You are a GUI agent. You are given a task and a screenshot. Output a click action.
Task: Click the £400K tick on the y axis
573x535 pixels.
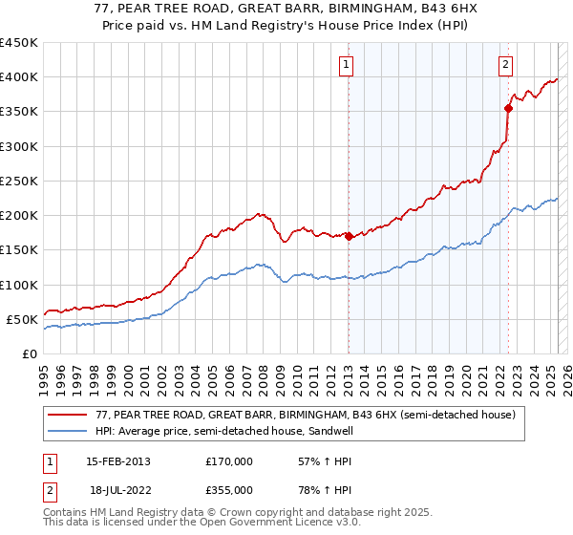pyautogui.click(x=19, y=77)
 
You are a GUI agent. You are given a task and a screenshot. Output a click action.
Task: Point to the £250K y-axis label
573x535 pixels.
pyautogui.click(x=19, y=181)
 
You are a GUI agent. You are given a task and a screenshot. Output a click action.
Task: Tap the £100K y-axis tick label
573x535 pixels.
pyautogui.click(x=19, y=285)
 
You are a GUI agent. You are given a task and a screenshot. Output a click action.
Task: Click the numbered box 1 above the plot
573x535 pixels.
pyautogui.click(x=345, y=65)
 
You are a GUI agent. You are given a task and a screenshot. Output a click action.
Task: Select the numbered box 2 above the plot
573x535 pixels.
pyautogui.click(x=505, y=65)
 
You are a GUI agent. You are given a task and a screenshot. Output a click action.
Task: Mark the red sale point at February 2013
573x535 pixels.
pyautogui.click(x=349, y=237)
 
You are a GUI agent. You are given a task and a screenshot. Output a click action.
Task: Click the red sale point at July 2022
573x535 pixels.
pyautogui.click(x=508, y=108)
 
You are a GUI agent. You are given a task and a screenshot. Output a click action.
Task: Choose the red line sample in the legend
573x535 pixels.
pyautogui.click(x=68, y=416)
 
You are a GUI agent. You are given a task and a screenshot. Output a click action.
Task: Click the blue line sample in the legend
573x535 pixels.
pyautogui.click(x=68, y=431)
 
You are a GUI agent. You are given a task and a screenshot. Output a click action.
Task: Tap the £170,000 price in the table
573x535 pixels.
pyautogui.click(x=229, y=461)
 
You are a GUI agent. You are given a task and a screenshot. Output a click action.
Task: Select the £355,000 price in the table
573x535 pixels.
pyautogui.click(x=229, y=489)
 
